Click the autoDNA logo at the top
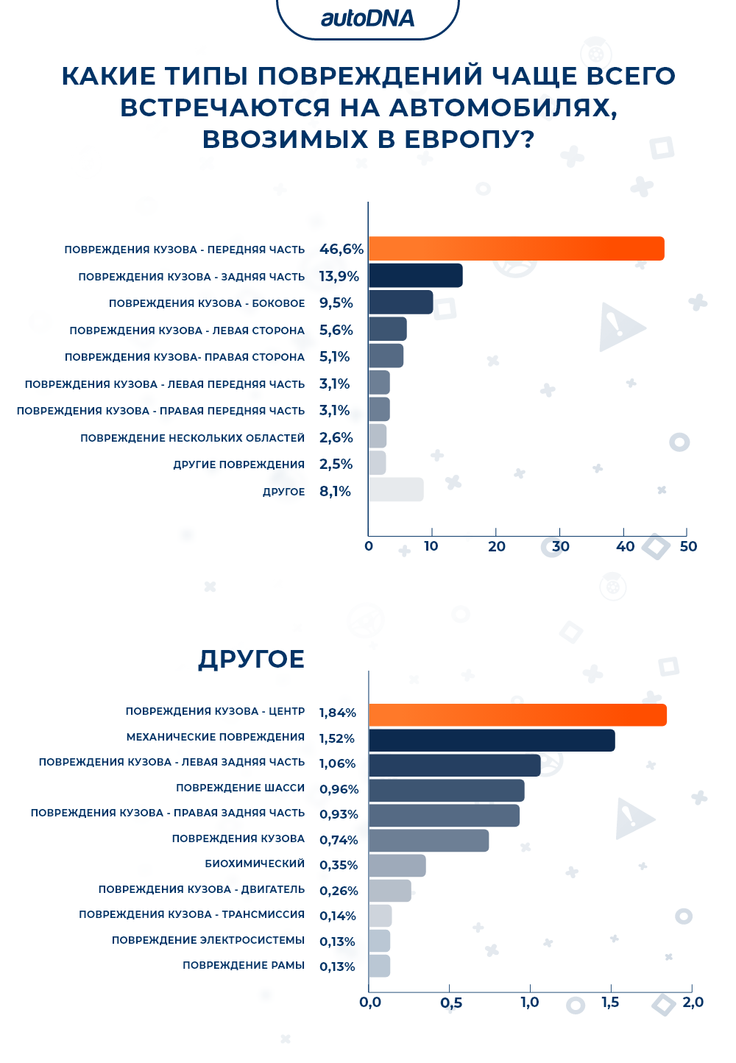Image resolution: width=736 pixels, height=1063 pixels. click(x=367, y=18)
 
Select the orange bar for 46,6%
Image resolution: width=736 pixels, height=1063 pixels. click(x=516, y=249)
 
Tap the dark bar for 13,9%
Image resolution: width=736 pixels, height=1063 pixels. click(x=415, y=275)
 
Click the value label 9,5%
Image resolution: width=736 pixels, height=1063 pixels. click(x=336, y=303)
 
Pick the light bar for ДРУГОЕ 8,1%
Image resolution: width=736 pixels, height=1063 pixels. click(x=396, y=490)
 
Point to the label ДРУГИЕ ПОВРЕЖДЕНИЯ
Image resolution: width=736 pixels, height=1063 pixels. click(x=238, y=465)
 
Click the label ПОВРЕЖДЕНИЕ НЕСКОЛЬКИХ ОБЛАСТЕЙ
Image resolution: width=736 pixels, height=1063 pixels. click(x=192, y=438)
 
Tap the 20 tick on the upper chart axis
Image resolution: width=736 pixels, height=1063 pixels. click(x=497, y=546)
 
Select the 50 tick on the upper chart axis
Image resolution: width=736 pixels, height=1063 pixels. click(x=688, y=546)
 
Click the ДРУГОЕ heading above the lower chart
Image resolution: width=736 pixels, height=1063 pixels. click(x=251, y=659)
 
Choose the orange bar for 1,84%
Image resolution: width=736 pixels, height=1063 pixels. click(x=517, y=715)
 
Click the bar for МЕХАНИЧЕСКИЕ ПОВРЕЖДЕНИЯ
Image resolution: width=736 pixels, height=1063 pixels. click(x=492, y=740)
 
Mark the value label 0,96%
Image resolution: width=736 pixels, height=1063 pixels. click(x=339, y=789)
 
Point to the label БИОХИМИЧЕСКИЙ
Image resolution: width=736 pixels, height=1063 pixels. click(x=255, y=864)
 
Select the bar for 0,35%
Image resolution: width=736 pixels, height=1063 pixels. click(x=397, y=866)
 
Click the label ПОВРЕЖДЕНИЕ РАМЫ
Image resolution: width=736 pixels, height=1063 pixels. click(x=244, y=965)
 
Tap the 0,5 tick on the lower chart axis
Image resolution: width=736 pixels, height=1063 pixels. click(x=451, y=1003)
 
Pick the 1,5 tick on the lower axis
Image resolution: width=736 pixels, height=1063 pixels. click(x=610, y=1003)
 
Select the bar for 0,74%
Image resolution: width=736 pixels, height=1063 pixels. click(x=428, y=841)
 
